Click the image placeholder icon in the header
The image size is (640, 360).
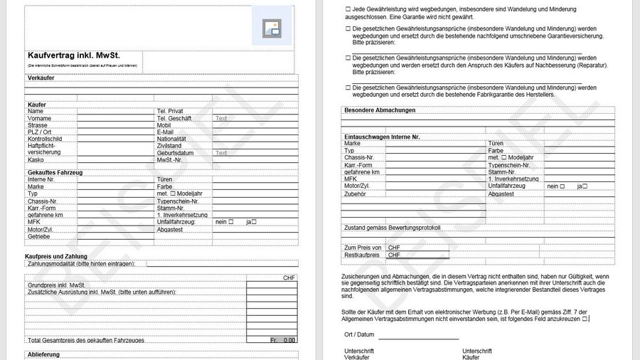272,28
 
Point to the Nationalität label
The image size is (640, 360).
171,139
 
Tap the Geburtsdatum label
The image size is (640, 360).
175,153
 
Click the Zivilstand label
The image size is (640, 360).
169,146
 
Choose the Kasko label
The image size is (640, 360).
36,160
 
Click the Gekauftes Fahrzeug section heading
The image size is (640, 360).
55,173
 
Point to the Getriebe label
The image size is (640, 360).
39,236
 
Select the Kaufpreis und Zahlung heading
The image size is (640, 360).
56,256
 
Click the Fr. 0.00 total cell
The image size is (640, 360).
282,340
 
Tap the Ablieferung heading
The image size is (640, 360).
44,354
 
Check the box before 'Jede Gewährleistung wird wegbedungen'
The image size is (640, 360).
348,9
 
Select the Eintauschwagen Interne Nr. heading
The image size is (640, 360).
382,136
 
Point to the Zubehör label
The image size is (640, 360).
355,194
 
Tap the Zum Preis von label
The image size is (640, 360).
363,247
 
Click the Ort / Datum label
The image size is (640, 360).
359,334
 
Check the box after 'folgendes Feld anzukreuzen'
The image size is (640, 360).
585,319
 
